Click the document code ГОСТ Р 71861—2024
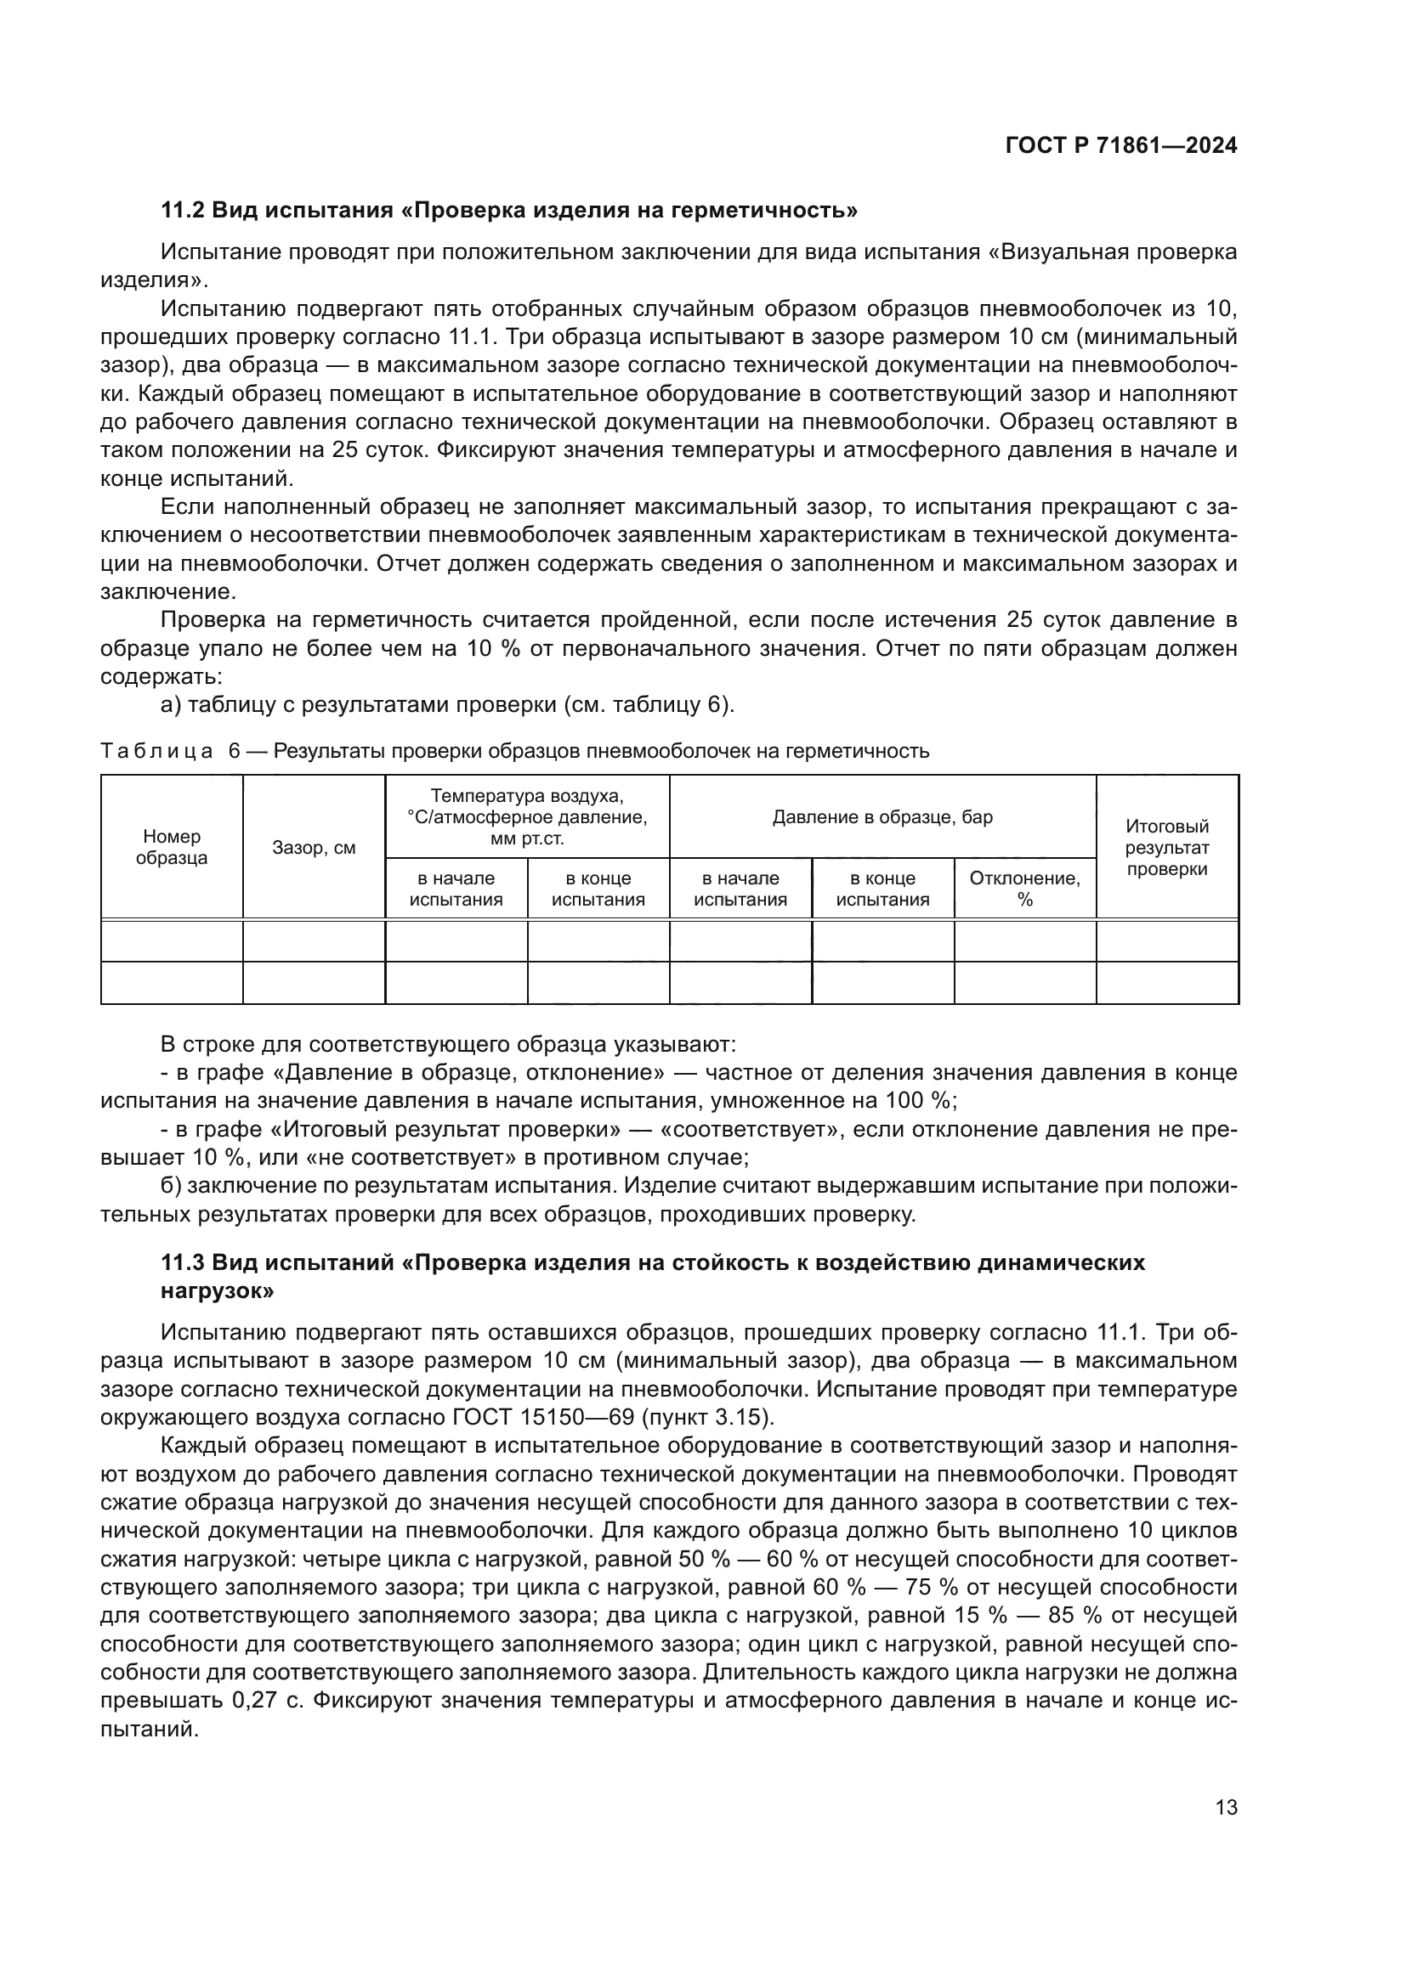click(x=1121, y=145)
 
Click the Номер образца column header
click(x=172, y=847)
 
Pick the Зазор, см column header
click(x=314, y=848)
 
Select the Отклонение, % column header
click(x=1024, y=889)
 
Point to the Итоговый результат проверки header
click(x=1166, y=847)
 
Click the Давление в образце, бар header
click(x=882, y=817)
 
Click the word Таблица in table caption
click(x=156, y=751)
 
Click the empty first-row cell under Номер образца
click(x=172, y=940)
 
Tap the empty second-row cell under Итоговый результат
click(x=1166, y=983)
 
